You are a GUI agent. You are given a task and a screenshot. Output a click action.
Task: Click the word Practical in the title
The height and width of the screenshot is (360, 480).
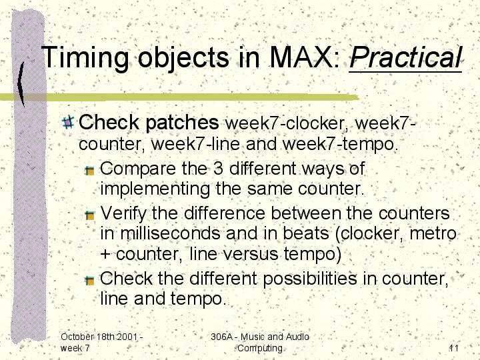coord(405,57)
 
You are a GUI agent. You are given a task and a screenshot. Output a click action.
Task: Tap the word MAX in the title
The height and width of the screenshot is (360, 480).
coord(304,57)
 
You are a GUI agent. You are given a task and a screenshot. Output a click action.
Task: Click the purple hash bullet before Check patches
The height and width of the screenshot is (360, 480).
coord(68,122)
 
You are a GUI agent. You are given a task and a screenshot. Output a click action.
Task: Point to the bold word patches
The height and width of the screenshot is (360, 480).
coord(182,123)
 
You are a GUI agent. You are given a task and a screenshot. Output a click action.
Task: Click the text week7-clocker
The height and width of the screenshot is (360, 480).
coord(287,123)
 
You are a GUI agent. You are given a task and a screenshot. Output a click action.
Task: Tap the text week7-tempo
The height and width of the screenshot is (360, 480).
coord(340,144)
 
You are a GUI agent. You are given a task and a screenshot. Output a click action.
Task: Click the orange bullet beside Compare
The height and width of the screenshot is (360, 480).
coord(90,170)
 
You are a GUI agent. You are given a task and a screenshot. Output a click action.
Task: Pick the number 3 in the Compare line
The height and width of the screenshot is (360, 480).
coord(218,169)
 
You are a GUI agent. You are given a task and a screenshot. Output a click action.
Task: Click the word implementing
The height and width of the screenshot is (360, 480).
coord(155,189)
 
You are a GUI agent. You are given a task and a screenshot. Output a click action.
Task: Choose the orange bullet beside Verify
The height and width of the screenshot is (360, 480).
coord(90,215)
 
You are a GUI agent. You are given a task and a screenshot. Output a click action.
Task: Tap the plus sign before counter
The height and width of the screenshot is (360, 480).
coord(105,255)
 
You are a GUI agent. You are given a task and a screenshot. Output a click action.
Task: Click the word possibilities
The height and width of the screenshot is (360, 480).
coord(310,279)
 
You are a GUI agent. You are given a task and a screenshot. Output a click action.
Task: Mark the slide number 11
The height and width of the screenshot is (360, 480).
coord(454,348)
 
